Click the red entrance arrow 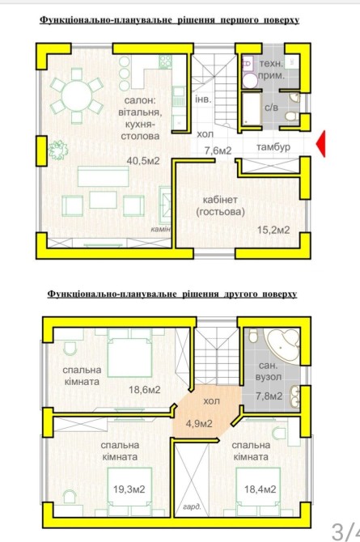coord(322,143)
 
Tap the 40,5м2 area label coord(143,161)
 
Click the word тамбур coord(273,147)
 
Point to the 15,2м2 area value coord(273,230)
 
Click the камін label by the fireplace coord(160,229)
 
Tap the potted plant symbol coord(57,150)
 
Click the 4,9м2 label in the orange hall coord(199,423)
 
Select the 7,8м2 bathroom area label coord(269,396)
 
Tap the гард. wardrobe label coord(192,507)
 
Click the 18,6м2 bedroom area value coord(145,390)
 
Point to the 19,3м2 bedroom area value coord(129,489)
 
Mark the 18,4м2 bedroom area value coord(260,489)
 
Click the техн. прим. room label coord(272,69)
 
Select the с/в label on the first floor coord(272,108)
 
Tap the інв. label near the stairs coord(203,100)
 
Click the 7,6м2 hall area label coord(218,150)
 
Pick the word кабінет coord(220,200)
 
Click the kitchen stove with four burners coord(165,62)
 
